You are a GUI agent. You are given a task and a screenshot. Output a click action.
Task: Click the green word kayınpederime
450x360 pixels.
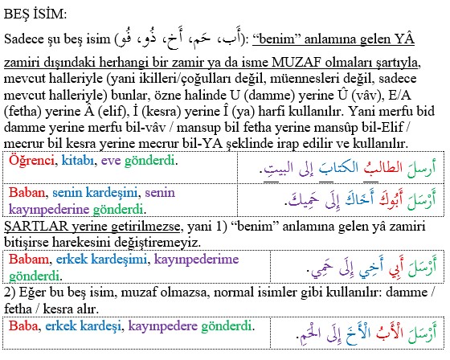click(196, 260)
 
